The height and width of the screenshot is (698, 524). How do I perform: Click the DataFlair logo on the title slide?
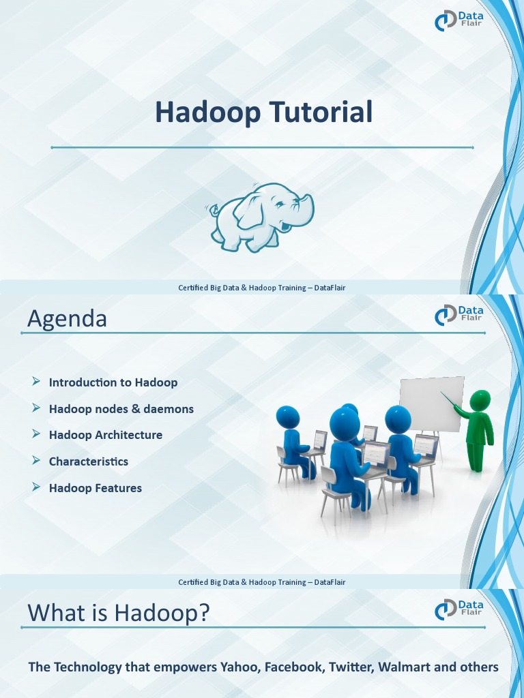(x=459, y=20)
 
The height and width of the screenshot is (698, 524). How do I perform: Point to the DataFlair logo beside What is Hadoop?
(x=459, y=609)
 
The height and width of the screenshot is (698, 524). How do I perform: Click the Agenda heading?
(x=67, y=318)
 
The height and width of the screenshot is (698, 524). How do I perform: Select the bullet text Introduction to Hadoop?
(x=113, y=382)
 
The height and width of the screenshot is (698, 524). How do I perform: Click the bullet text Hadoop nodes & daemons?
(x=121, y=409)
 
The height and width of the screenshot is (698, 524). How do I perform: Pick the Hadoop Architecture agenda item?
(x=105, y=435)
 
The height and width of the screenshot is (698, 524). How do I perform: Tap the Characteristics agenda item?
(x=88, y=461)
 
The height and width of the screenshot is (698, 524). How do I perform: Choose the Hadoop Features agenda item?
(x=95, y=488)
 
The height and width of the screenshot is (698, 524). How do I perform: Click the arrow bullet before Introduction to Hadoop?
(x=36, y=382)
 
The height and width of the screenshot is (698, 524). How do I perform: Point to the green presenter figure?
(x=478, y=429)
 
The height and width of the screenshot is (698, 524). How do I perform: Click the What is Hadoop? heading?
(x=118, y=613)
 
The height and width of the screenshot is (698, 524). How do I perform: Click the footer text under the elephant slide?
(x=261, y=288)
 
